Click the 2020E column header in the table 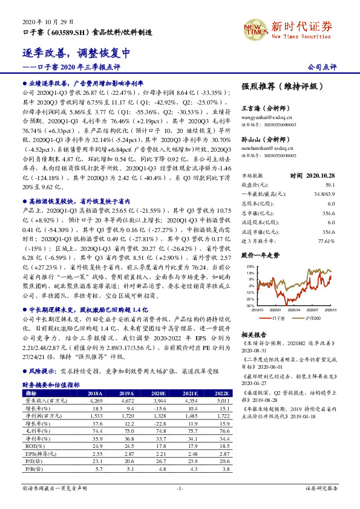(157, 392)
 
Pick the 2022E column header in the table (222, 392)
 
